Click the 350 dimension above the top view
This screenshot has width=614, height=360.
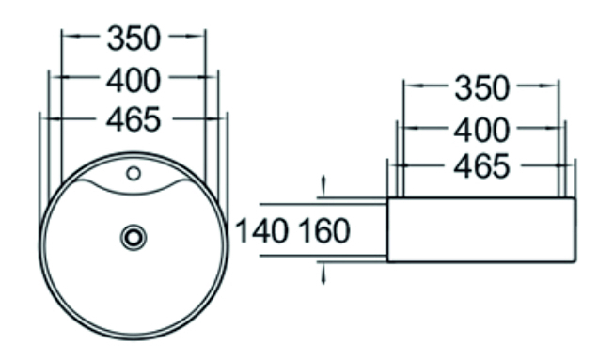tap(134, 39)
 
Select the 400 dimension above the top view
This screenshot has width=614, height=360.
tap(134, 81)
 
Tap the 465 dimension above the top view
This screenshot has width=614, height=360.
tap(134, 119)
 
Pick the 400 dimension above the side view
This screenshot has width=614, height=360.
tap(481, 128)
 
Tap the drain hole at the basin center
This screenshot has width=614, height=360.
tap(134, 237)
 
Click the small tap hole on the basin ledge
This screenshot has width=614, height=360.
tap(134, 173)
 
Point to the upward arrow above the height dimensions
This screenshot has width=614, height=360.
tap(323, 181)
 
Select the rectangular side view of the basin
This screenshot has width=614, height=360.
tap(480, 230)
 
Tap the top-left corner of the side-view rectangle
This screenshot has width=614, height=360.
tap(387, 199)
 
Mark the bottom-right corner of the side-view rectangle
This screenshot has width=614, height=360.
tap(575, 262)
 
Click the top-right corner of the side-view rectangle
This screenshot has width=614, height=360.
tap(575, 199)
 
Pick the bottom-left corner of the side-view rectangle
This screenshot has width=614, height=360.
tap(387, 262)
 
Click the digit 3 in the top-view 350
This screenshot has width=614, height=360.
tap(117, 39)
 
